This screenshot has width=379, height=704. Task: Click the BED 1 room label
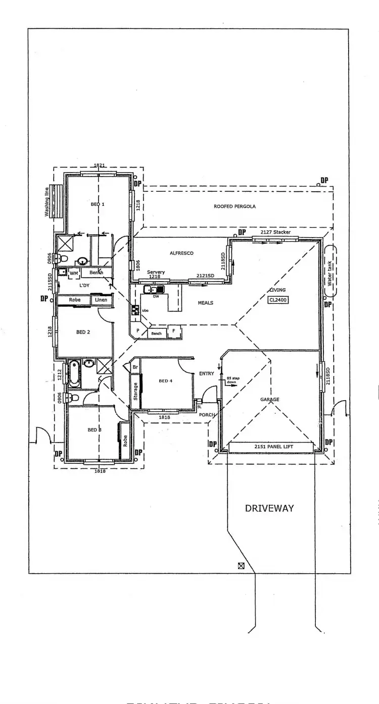98,204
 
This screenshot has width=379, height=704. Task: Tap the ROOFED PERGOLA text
234,206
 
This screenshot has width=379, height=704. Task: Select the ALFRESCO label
181,253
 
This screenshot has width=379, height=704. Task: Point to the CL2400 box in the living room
278,299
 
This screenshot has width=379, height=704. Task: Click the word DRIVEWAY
269,508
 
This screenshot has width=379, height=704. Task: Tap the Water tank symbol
330,273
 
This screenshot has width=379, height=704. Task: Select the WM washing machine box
74,273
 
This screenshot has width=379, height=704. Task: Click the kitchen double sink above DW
153,290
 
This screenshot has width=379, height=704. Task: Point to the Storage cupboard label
135,392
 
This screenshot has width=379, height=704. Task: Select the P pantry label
137,331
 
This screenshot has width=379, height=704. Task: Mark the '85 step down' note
231,380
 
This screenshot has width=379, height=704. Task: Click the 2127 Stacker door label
275,232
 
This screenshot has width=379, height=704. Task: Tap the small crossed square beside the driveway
241,566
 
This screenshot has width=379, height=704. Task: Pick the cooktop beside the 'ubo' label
135,310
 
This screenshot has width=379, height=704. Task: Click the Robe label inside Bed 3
124,440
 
